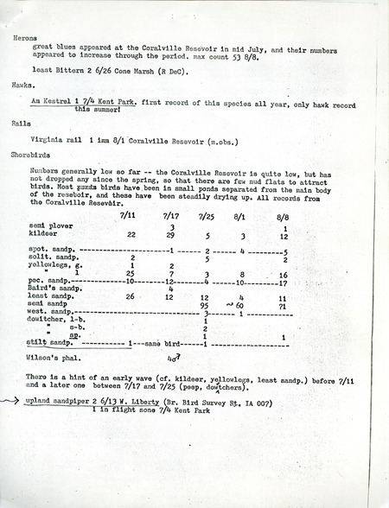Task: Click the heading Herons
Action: click(x=25, y=39)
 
